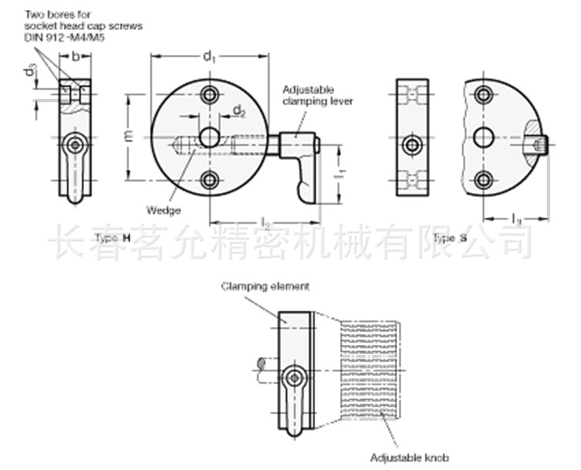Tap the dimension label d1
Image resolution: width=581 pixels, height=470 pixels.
tap(208, 56)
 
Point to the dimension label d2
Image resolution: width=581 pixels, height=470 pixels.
tap(239, 112)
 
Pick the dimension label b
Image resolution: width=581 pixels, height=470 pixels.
tap(75, 56)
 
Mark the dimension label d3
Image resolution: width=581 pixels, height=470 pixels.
tap(30, 73)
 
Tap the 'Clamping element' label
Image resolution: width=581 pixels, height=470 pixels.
tap(265, 286)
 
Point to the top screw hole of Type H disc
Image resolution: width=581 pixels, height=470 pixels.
tap(208, 95)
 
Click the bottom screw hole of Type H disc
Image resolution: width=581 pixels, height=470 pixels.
tap(208, 180)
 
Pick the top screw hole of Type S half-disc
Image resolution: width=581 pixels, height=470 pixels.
tap(484, 95)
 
